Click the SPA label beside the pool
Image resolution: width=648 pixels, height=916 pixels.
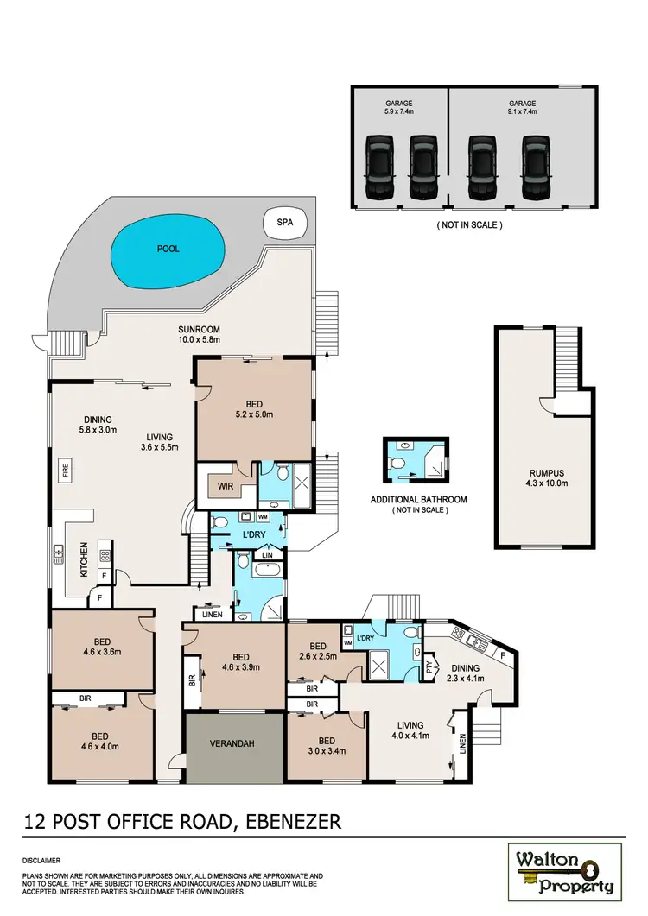(x=284, y=222)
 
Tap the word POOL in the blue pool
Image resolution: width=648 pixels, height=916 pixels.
(x=168, y=249)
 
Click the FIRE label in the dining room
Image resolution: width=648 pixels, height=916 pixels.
(x=65, y=471)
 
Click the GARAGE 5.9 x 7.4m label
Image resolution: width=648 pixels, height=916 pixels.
(x=398, y=107)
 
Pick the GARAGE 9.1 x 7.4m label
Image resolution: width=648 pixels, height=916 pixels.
(x=522, y=107)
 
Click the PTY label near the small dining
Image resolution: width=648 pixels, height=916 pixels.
(x=431, y=666)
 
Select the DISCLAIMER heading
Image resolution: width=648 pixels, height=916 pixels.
(x=41, y=861)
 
